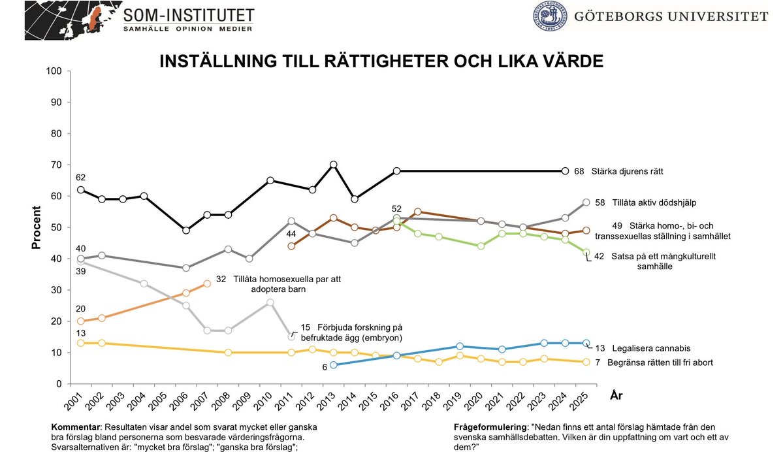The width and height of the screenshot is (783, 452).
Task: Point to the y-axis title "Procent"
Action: point(37,227)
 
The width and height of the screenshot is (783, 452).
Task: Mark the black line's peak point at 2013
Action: point(333,165)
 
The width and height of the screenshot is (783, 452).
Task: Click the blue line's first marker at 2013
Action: point(333,365)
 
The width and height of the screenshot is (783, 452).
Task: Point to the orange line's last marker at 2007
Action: point(207,283)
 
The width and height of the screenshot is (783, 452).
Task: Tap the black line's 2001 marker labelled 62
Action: point(80,190)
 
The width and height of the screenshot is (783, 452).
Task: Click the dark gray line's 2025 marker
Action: point(586,202)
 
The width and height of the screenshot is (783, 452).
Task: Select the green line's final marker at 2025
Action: point(586,252)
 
